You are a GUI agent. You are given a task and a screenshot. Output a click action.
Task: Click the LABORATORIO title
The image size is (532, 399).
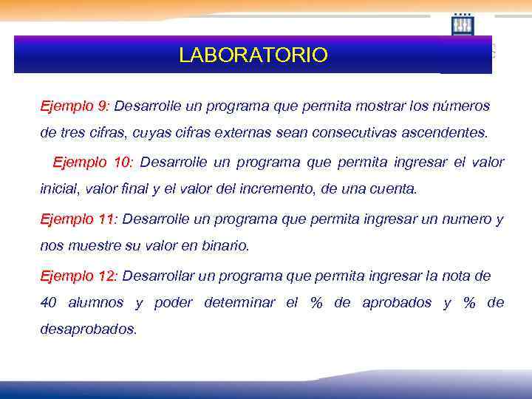pos(253,55)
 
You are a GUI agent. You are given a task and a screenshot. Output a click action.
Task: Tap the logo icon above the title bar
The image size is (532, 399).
pos(463,24)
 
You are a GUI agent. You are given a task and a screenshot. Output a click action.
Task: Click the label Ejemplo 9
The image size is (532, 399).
pos(75,106)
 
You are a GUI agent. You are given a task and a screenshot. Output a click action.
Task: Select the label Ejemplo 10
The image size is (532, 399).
pos(92,162)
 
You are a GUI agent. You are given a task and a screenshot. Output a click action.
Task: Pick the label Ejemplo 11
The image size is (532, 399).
pos(78,219)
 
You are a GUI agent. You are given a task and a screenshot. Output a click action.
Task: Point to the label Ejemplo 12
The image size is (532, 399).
pos(78,276)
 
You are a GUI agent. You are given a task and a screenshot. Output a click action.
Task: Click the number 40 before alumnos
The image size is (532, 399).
pos(49,303)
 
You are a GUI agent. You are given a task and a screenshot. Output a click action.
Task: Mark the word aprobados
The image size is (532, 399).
pos(397,303)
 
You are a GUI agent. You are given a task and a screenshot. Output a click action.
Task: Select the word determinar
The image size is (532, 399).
pos(241,303)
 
